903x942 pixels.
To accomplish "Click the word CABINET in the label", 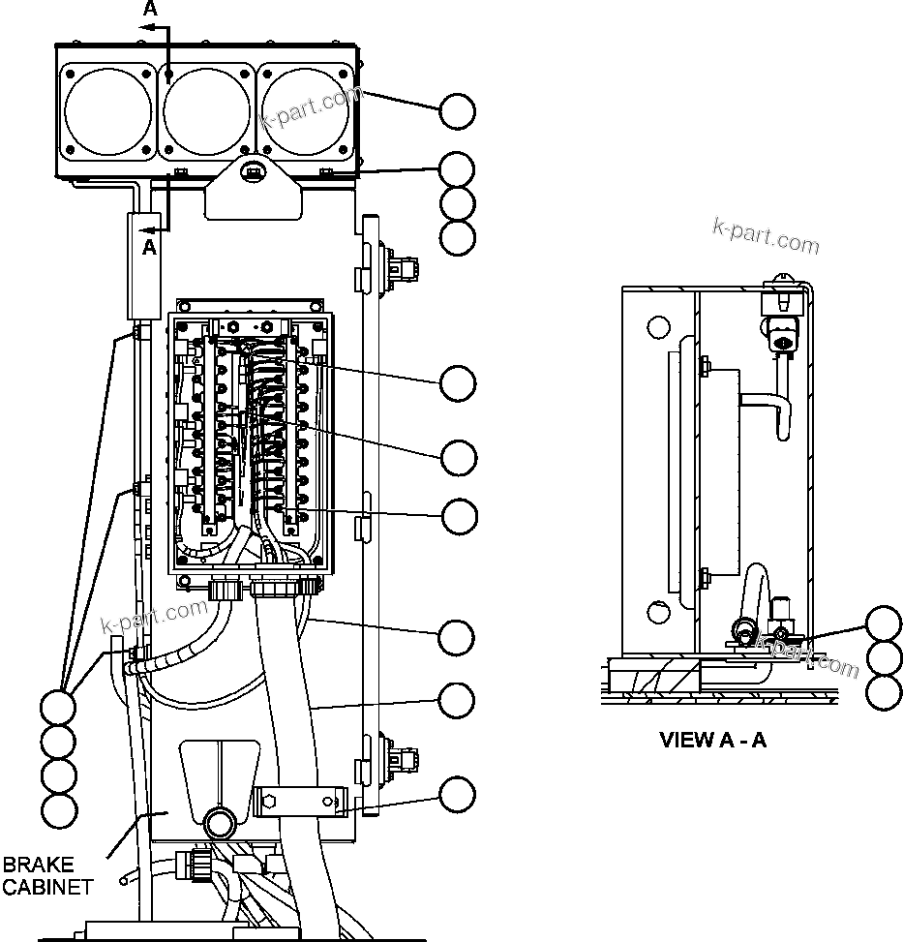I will [47, 886].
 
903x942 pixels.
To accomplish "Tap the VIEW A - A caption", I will [712, 741].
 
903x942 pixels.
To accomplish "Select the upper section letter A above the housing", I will [149, 9].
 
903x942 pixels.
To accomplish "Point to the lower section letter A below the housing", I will [149, 247].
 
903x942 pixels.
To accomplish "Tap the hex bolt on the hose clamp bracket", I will [269, 802].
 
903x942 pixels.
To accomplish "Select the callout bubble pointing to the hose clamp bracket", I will [457, 796].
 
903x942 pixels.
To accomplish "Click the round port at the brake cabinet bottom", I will [218, 825].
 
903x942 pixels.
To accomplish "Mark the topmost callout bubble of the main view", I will [457, 111].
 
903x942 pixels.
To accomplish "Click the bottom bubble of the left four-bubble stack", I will [59, 808].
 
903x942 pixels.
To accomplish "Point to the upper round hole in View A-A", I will [657, 327].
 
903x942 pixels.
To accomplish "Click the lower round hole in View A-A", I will [657, 613].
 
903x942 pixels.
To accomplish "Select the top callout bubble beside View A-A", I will [884, 623].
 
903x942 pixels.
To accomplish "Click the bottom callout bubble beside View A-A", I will [884, 692].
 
